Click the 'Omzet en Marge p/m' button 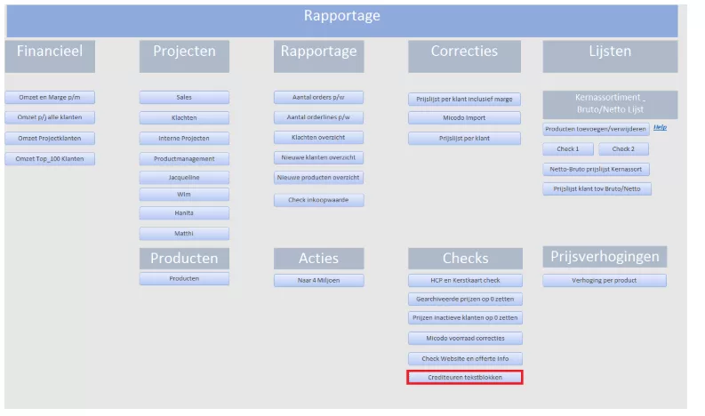[50, 97]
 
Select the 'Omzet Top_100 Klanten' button [50, 159]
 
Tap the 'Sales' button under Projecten [184, 97]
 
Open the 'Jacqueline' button [184, 178]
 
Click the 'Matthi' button [184, 234]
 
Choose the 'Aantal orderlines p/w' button [319, 117]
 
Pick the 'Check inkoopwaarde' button [319, 200]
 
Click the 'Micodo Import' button [464, 118]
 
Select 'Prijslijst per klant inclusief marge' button [464, 99]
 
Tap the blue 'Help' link [660, 128]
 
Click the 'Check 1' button [568, 148]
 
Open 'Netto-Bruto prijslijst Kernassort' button [597, 170]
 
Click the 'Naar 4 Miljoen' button [319, 281]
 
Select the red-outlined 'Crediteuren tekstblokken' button [465, 377]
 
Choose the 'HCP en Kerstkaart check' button [465, 281]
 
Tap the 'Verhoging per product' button [605, 281]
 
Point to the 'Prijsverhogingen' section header [605, 257]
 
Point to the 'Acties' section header [319, 259]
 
